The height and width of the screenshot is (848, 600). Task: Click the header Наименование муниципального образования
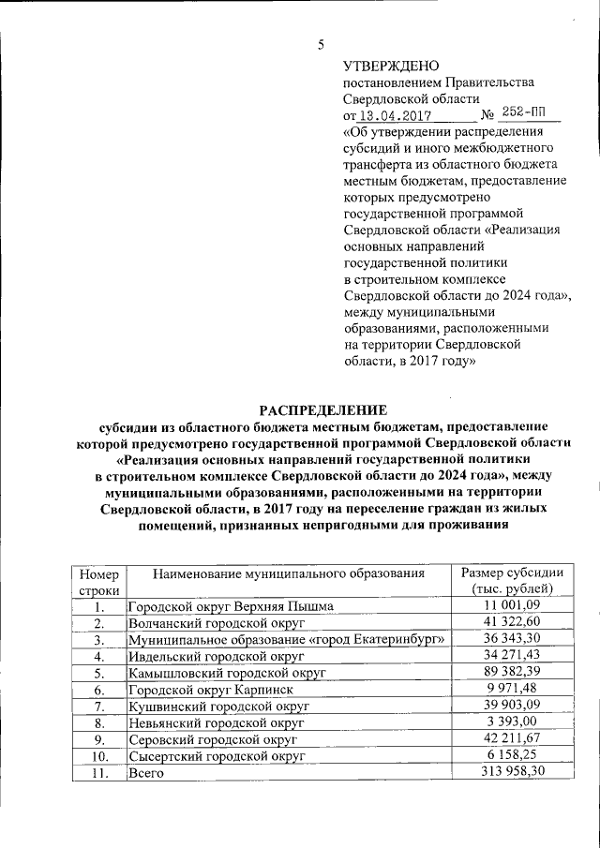point(289,573)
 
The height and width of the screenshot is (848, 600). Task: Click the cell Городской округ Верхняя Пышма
point(231,606)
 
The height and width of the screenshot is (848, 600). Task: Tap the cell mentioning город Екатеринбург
point(285,639)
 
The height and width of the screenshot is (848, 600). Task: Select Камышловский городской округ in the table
point(226,673)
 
